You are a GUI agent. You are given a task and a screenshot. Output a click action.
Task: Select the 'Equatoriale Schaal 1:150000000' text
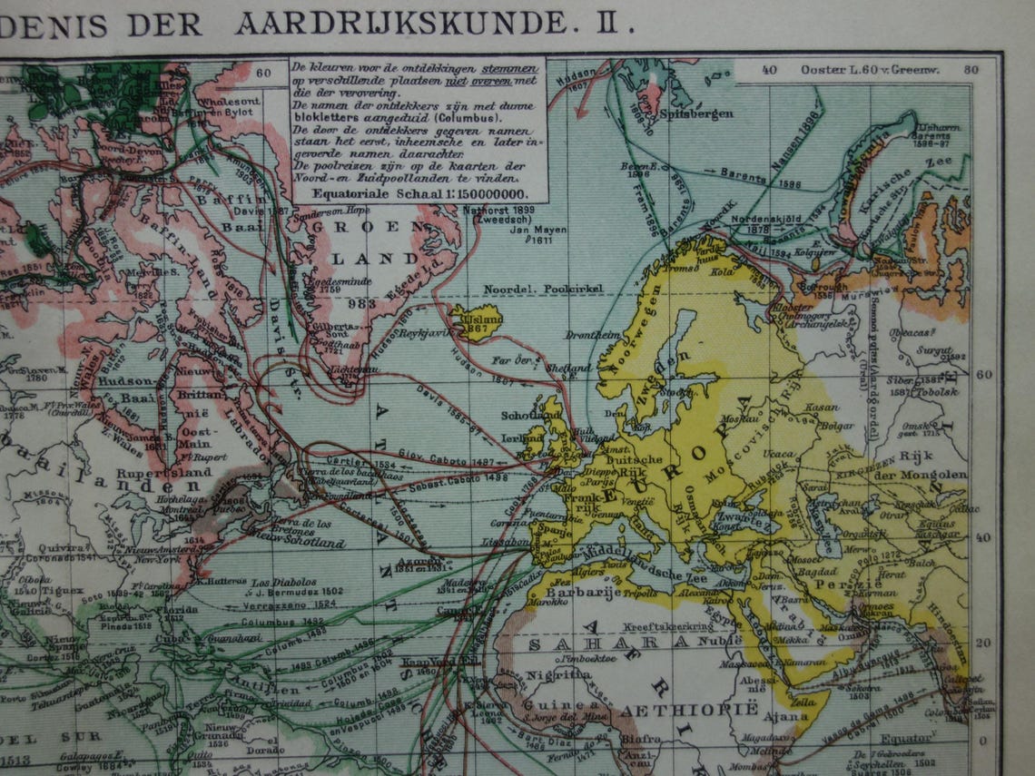coord(419,192)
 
